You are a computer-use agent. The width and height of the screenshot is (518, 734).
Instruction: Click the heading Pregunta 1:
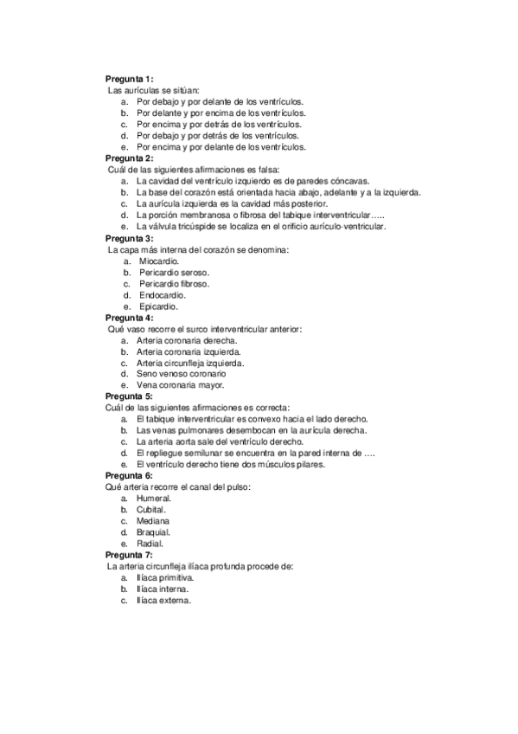(x=129, y=79)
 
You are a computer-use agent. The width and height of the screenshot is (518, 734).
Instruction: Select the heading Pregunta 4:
(x=129, y=318)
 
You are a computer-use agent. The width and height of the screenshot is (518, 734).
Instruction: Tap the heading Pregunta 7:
(x=129, y=555)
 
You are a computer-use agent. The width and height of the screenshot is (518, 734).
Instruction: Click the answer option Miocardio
(x=158, y=261)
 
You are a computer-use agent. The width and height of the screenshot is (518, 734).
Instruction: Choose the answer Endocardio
(x=162, y=294)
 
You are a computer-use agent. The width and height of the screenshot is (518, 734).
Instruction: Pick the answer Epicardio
(x=158, y=306)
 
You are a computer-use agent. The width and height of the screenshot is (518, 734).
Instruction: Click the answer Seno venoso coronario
(x=181, y=374)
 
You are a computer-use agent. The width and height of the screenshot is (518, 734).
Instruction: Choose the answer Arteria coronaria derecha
(x=186, y=340)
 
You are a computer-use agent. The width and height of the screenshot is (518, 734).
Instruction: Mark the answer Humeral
(x=154, y=499)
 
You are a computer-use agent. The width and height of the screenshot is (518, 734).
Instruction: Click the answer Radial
(x=150, y=544)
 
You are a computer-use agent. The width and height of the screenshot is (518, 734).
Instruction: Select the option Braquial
(x=154, y=532)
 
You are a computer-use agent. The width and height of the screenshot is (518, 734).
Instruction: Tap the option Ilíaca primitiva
(x=164, y=577)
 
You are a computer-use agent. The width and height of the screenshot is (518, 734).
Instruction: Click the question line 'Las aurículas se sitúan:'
(x=153, y=90)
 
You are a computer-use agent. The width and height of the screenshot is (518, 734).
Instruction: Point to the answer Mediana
(x=153, y=521)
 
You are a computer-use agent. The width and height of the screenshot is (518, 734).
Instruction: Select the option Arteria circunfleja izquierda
(x=189, y=363)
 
